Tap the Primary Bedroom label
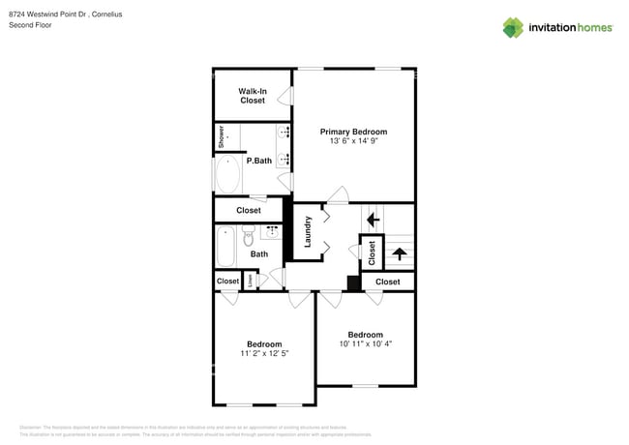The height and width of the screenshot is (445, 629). pos(353,132)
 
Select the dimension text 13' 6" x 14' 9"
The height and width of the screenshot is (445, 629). pos(353,142)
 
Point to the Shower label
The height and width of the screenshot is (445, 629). pos(221,136)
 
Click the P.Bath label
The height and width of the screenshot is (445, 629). pos(257,161)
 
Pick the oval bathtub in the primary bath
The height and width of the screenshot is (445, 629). pos(228,175)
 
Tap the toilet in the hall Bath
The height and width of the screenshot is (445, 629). pos(248,235)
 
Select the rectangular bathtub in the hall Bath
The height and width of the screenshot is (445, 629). pos(225,246)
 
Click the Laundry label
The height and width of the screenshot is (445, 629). pos(308,231)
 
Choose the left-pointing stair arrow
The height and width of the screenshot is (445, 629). pos(373,220)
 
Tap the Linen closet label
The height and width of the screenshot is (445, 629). pos(250,281)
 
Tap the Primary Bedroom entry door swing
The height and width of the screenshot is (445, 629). pos(338,195)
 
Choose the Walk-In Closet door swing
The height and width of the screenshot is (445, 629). pos(285,96)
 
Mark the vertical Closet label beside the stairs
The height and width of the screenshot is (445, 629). pos(372,251)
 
